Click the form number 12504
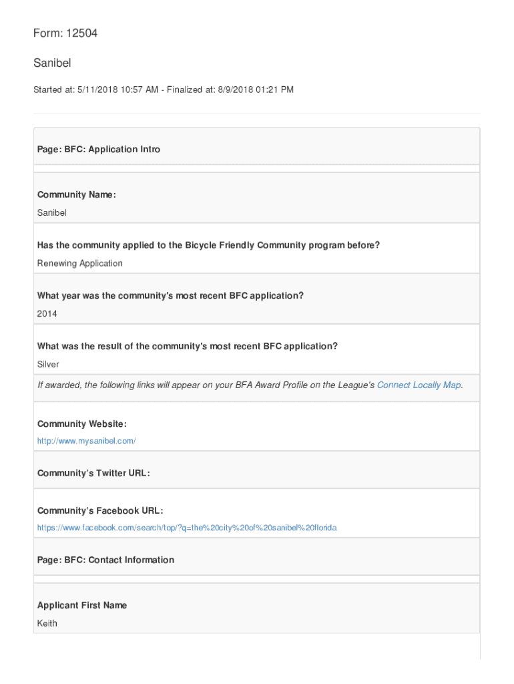[81, 33]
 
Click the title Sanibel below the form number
[52, 63]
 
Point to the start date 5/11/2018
[99, 90]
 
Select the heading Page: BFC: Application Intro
[99, 150]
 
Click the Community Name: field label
[77, 194]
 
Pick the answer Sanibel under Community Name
[52, 212]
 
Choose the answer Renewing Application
[80, 263]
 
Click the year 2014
[47, 313]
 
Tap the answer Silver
[48, 364]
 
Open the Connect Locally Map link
[419, 385]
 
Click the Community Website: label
[82, 424]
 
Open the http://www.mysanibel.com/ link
[87, 441]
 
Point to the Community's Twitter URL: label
[93, 474]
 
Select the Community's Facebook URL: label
[100, 511]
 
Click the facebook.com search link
[187, 528]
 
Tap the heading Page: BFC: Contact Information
[105, 560]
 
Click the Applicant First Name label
[82, 605]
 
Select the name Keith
[47, 623]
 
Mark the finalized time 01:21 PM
[273, 90]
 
